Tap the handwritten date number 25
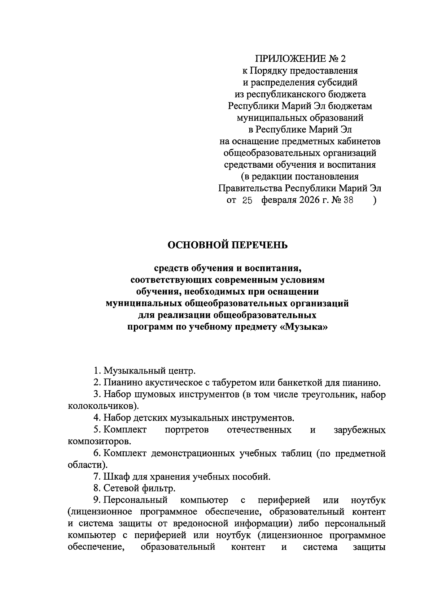click(247, 201)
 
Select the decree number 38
click(348, 201)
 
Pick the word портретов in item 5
click(187, 430)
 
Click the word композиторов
click(98, 441)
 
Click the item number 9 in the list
click(96, 501)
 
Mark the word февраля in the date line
click(279, 201)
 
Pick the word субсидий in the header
click(338, 82)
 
